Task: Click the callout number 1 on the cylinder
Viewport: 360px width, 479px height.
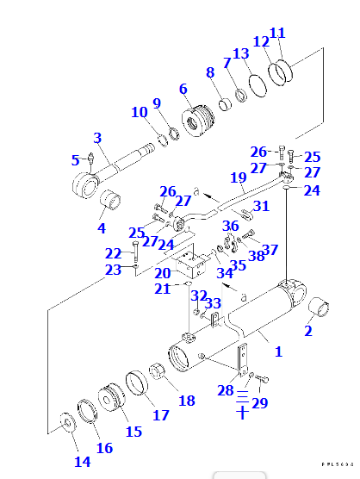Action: tap(278, 351)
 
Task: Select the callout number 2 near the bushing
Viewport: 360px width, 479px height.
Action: tap(308, 330)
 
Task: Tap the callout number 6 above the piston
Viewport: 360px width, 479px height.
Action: tap(183, 89)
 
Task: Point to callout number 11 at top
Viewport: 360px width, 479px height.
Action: tap(277, 34)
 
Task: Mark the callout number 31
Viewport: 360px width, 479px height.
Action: tap(262, 206)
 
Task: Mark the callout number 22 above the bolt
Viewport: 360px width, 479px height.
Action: tap(114, 253)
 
